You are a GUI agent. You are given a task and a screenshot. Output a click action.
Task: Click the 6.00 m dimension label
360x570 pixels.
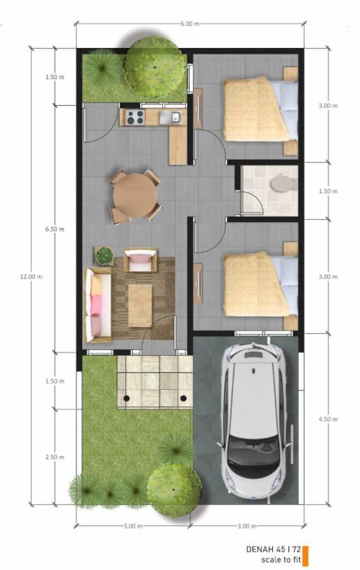coord(190,24)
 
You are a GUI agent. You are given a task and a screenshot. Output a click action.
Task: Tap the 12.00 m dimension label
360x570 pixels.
coord(31,276)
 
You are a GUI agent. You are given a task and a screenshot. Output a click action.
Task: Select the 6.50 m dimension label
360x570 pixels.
coord(55,229)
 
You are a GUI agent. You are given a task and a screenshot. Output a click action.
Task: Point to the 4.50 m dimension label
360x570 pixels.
coord(328,419)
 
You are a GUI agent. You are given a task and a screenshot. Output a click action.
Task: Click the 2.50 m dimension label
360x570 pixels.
coord(55,457)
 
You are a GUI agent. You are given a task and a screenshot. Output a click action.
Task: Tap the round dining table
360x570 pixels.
coord(135,195)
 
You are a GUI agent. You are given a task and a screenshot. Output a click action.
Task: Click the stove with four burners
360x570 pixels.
coord(135,117)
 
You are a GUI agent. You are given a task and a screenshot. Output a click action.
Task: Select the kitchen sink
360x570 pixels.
coord(170,116)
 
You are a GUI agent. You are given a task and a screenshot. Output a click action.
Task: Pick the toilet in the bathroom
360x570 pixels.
coord(283,183)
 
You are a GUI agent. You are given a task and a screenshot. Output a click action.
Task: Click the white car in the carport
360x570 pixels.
coord(255,418)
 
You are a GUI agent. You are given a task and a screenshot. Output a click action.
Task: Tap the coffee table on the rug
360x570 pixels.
coord(140,305)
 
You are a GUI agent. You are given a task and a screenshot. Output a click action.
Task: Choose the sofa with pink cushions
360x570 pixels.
coord(98,305)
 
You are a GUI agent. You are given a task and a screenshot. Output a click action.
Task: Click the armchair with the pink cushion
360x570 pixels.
coord(140,260)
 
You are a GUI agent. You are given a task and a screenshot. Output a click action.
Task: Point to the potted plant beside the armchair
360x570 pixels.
coord(104,256)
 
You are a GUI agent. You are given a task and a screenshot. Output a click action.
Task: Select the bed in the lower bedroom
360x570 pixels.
coord(261,284)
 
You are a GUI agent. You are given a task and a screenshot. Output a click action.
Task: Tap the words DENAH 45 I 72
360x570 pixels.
coord(274,549)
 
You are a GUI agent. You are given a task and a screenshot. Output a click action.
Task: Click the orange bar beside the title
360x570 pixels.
coord(305,556)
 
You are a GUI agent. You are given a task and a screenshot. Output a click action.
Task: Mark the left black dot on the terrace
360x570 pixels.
coord(126,398)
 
